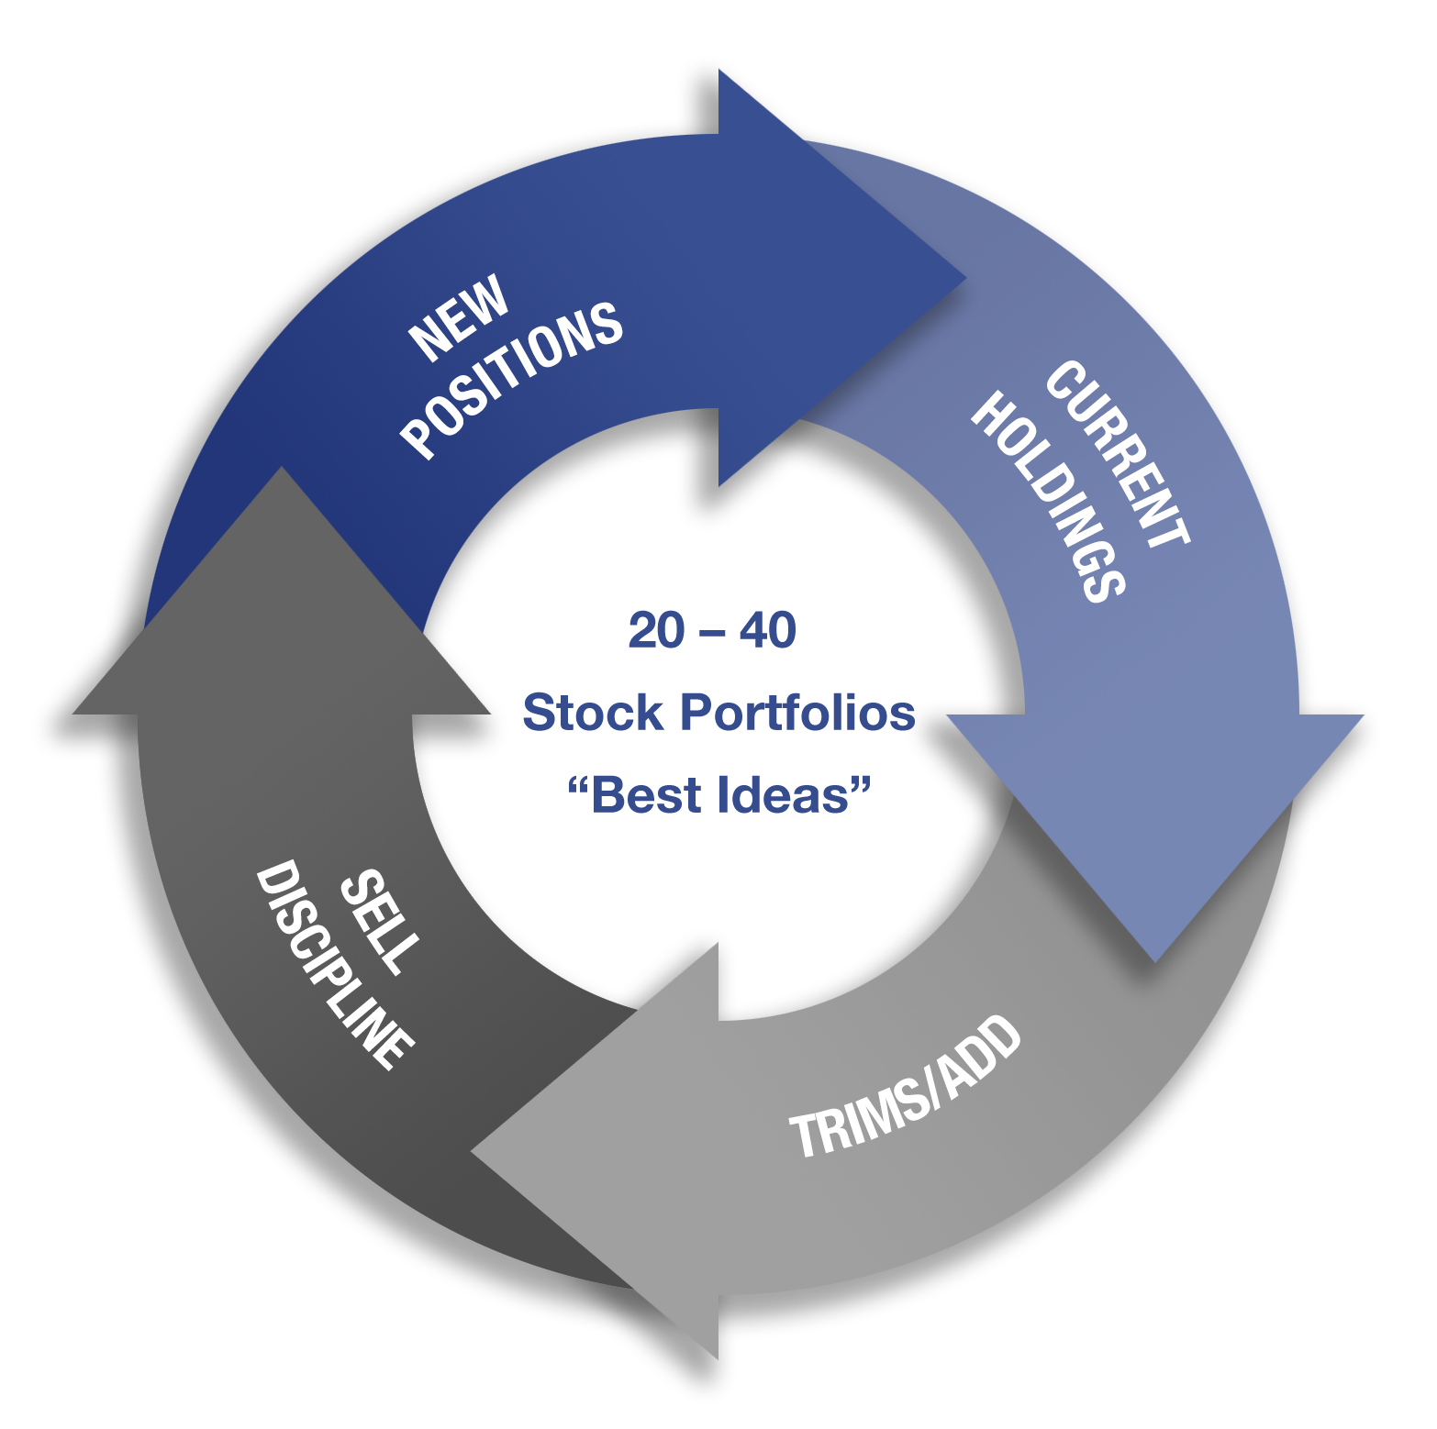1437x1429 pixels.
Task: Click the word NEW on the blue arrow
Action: pos(459,316)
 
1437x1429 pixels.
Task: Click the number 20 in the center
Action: pos(657,631)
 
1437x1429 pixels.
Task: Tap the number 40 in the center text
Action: pos(768,631)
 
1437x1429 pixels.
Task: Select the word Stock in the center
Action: pos(593,713)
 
